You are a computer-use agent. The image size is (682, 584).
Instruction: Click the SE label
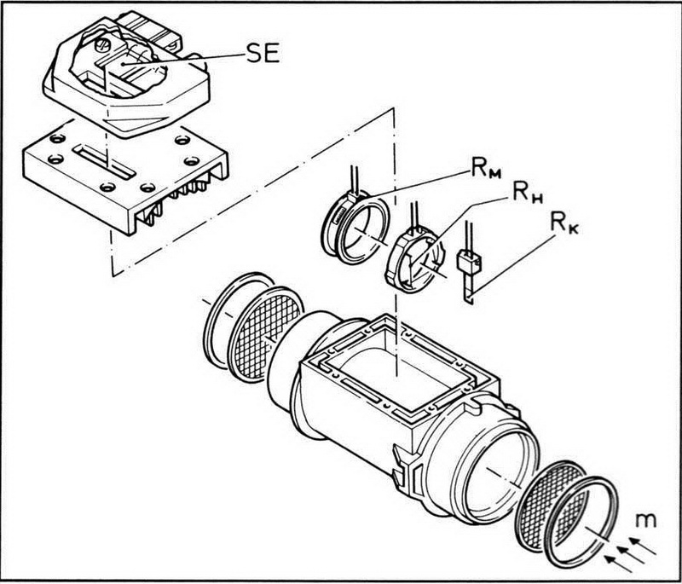pos(263,54)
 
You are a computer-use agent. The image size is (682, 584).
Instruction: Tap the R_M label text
pos(485,169)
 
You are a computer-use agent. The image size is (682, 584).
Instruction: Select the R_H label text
pos(528,192)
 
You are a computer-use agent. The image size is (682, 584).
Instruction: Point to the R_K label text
pos(564,223)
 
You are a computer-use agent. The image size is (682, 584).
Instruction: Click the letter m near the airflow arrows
pos(645,520)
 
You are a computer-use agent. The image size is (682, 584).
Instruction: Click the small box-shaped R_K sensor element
pos(468,262)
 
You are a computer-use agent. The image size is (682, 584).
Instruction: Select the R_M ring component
pos(355,228)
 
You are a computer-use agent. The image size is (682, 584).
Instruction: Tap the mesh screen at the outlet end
pos(265,334)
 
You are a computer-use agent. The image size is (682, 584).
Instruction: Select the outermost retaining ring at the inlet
pos(581,522)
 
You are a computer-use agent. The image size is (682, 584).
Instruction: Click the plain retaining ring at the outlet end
pos(237,320)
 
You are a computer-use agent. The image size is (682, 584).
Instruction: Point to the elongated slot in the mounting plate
pos(104,162)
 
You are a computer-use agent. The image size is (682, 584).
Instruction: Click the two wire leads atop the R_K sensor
pos(468,236)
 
